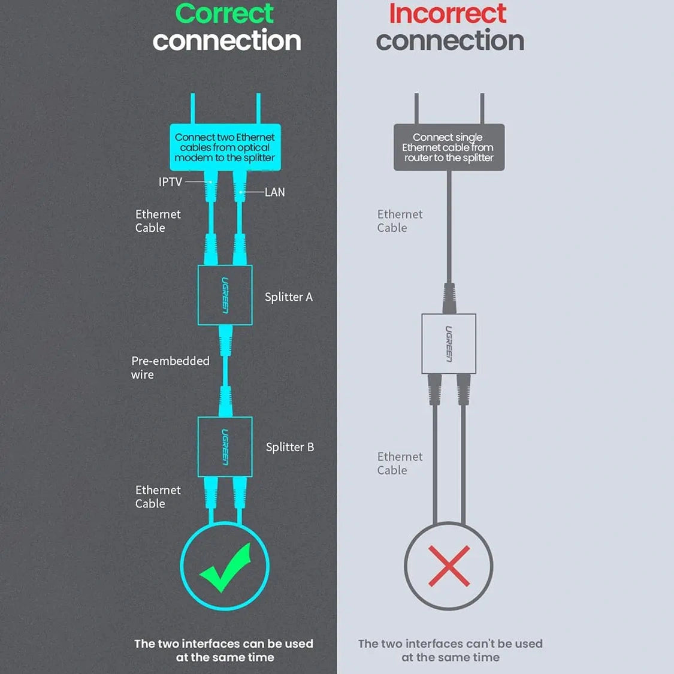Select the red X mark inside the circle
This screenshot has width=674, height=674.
pos(449,566)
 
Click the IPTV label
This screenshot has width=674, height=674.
pos(170,182)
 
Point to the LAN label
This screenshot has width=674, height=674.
pos(274,192)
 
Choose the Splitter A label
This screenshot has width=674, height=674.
pos(289,297)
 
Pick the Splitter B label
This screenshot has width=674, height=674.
pos(290,447)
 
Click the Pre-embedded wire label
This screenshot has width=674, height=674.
pos(170,367)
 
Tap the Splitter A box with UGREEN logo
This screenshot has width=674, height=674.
pos(225,295)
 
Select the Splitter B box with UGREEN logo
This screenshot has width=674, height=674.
pos(225,446)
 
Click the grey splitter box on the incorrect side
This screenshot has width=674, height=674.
pos(449,344)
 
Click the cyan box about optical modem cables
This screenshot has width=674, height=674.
pos(225,147)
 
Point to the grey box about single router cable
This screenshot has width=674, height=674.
pos(449,147)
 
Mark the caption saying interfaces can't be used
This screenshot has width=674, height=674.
pos(451,651)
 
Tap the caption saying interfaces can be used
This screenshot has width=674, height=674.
pos(224,651)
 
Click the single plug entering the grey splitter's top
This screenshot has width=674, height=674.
pos(449,298)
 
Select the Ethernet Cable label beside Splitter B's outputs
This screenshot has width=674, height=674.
pos(158,497)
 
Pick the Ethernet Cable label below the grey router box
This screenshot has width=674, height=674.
pos(400,221)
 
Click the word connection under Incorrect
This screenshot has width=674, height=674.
pos(450,40)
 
